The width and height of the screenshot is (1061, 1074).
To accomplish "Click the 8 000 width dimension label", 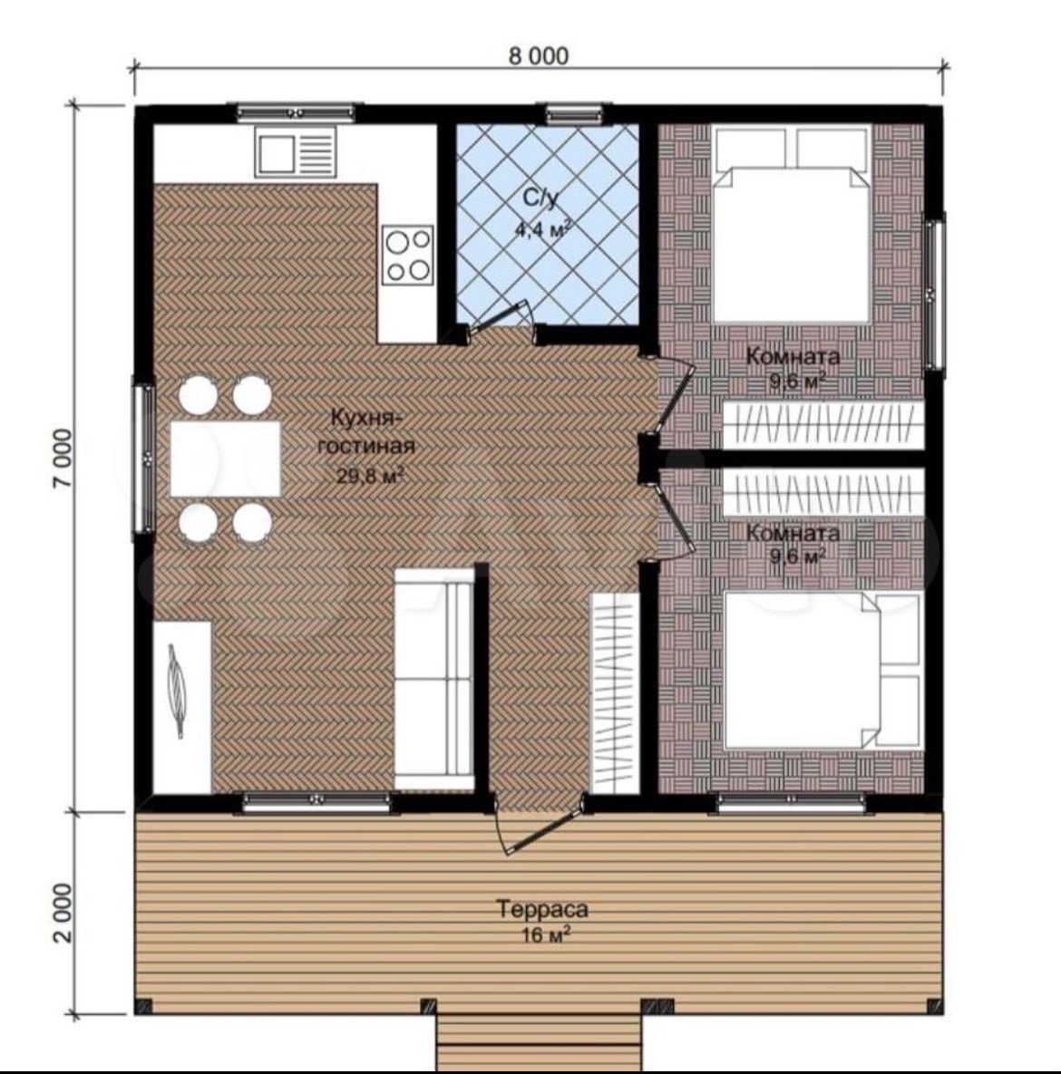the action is pyautogui.click(x=538, y=55).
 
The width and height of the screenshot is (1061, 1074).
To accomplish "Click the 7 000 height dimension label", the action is pyautogui.click(x=63, y=459).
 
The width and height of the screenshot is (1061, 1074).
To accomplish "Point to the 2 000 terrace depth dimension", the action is pyautogui.click(x=63, y=913).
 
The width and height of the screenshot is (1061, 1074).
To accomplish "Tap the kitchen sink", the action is pyautogui.click(x=296, y=153).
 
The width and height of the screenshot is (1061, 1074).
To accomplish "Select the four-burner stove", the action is pyautogui.click(x=408, y=254).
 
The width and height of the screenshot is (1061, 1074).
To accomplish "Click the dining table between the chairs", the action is pyautogui.click(x=226, y=459).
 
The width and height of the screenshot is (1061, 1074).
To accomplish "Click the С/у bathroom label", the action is pyautogui.click(x=540, y=198).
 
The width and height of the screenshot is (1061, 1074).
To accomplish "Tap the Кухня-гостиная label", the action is pyautogui.click(x=366, y=431).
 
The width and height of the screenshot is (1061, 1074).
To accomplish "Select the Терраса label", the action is pyautogui.click(x=542, y=910).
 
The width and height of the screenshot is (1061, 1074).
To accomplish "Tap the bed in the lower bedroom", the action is pyautogui.click(x=823, y=671).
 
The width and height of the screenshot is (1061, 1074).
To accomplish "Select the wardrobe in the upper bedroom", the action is pyautogui.click(x=823, y=425).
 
